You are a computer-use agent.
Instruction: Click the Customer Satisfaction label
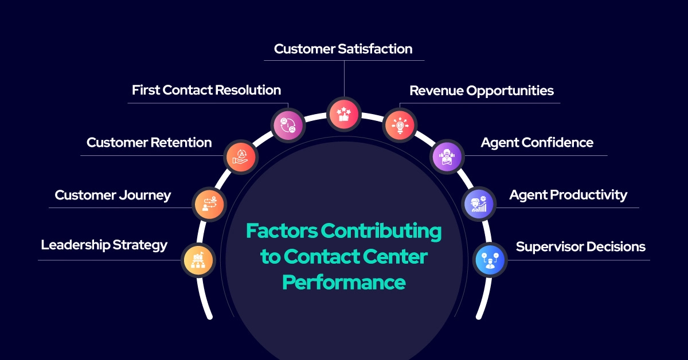click(x=343, y=49)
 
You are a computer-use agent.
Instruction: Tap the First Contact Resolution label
click(x=206, y=91)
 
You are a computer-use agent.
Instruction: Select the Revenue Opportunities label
click(x=481, y=91)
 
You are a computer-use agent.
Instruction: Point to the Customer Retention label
click(x=149, y=143)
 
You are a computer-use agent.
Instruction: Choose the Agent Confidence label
click(x=537, y=143)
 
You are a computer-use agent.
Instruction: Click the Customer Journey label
click(x=113, y=195)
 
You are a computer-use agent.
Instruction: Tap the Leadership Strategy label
click(x=104, y=245)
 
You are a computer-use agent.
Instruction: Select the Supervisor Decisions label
click(x=580, y=247)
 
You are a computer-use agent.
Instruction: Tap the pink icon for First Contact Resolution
click(x=288, y=124)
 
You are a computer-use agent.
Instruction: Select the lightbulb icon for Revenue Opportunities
click(x=400, y=124)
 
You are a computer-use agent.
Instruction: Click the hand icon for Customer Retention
click(x=241, y=156)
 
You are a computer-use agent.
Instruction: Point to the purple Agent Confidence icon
click(x=446, y=156)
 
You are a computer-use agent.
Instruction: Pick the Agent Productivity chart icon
click(x=479, y=204)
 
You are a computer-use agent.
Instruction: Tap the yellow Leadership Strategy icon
click(x=198, y=260)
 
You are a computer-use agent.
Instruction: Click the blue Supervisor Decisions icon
click(x=490, y=260)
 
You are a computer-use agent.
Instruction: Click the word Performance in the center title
click(x=345, y=282)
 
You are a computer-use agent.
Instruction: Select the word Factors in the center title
click(x=281, y=231)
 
